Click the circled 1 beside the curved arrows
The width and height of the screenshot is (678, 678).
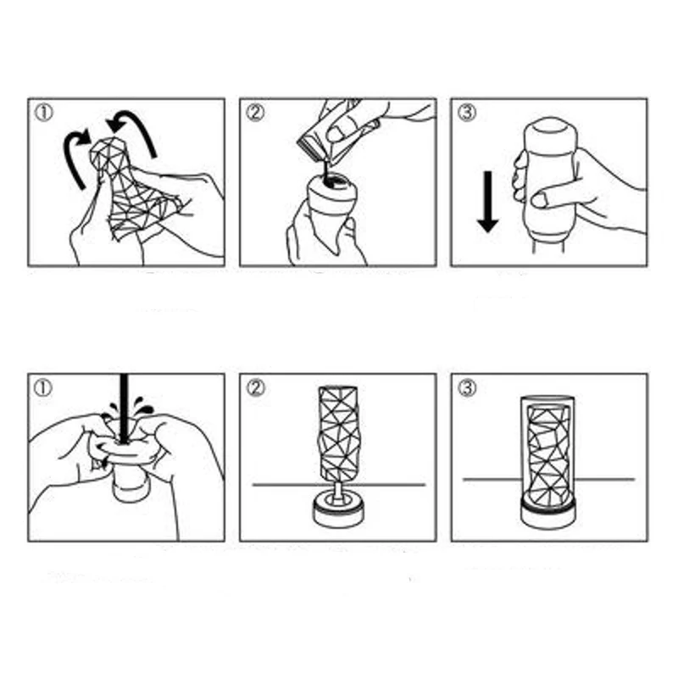(43, 112)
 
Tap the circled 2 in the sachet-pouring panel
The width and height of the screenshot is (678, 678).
(254, 112)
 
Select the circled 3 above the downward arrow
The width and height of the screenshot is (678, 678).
(465, 112)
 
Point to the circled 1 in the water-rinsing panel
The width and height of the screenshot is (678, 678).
(43, 387)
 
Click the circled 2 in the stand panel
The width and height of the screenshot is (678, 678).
(254, 387)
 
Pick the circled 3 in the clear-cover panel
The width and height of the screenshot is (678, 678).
(465, 387)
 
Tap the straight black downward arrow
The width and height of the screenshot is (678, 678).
(486, 202)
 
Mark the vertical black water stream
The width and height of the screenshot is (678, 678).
(124, 407)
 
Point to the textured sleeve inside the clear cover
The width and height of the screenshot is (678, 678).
(548, 453)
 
